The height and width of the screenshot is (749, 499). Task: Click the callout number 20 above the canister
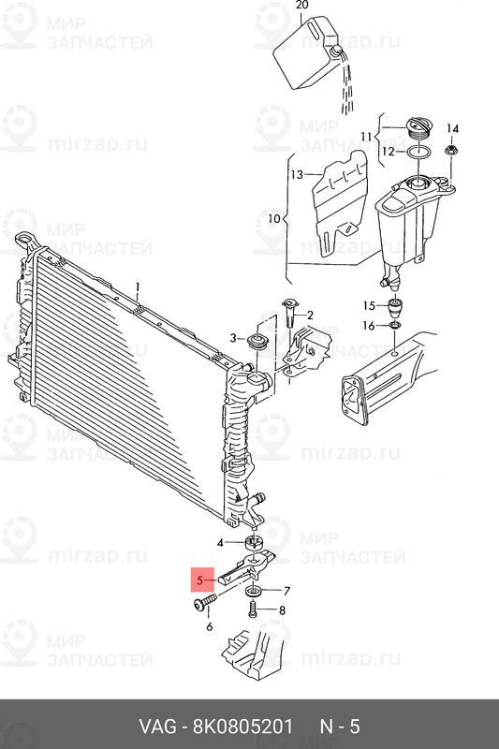pyautogui.click(x=301, y=6)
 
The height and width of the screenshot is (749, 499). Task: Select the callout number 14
pyautogui.click(x=453, y=128)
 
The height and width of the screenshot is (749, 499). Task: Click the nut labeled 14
pyautogui.click(x=450, y=151)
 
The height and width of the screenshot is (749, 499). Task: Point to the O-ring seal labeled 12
pyautogui.click(x=419, y=153)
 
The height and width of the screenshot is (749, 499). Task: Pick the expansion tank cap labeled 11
pyautogui.click(x=418, y=129)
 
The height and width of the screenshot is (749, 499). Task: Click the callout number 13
pyautogui.click(x=297, y=174)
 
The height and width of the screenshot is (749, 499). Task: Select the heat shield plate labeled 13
pyautogui.click(x=340, y=203)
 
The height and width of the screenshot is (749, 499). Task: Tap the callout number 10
pyautogui.click(x=274, y=219)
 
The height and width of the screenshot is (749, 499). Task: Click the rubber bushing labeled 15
pyautogui.click(x=395, y=307)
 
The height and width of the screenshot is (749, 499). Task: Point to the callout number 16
pyautogui.click(x=369, y=326)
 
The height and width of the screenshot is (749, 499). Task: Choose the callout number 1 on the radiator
pyautogui.click(x=138, y=287)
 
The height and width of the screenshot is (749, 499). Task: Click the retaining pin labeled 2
pyautogui.click(x=290, y=312)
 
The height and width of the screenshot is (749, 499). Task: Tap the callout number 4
pyautogui.click(x=220, y=543)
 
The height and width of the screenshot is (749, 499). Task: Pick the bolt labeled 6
pyautogui.click(x=205, y=603)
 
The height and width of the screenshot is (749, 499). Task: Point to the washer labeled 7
pyautogui.click(x=253, y=592)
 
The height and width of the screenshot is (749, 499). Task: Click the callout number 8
pyautogui.click(x=282, y=610)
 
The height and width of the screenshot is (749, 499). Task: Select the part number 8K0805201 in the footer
pyautogui.click(x=242, y=727)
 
